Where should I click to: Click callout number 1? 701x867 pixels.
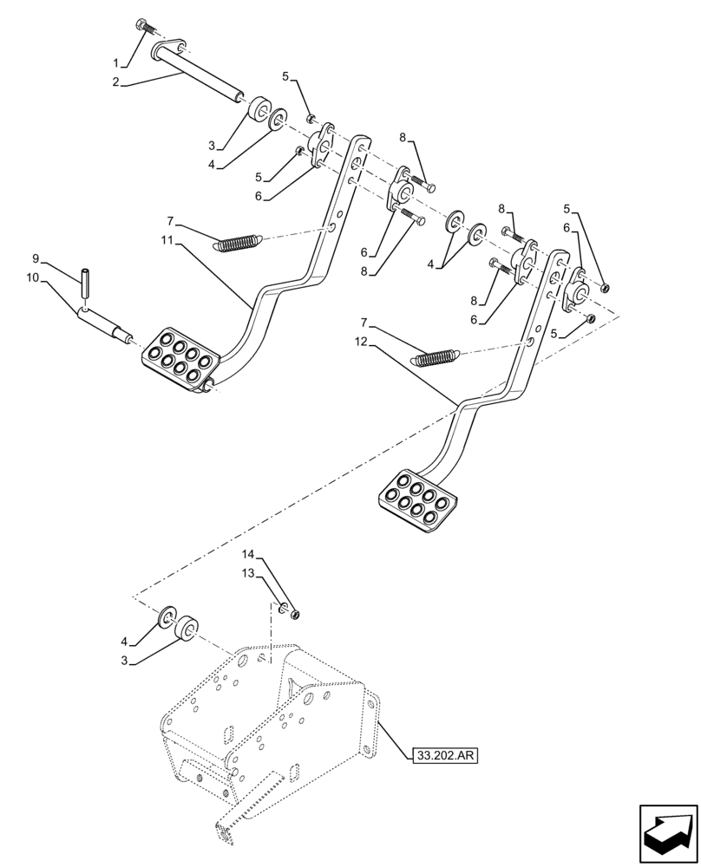(x=117, y=62)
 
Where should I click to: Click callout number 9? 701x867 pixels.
(x=36, y=258)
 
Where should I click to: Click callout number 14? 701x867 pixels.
(x=247, y=553)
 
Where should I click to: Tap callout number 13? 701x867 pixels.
(x=247, y=573)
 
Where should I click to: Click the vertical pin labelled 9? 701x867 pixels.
(x=88, y=284)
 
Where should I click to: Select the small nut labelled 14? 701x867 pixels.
(x=297, y=615)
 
